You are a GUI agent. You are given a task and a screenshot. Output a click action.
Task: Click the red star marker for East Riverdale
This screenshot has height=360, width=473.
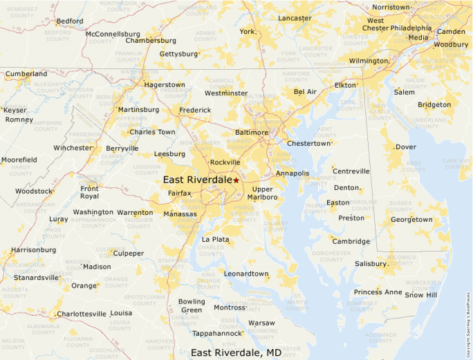point(236,180)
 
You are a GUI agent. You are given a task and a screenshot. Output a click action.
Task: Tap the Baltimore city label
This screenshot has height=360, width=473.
point(251,132)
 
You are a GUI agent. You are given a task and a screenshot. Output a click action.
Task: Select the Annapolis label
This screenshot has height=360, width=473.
point(292,173)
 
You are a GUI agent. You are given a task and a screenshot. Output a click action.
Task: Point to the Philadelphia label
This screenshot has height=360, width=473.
point(410,28)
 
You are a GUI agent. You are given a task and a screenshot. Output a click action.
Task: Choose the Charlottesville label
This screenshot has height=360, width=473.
point(82,314)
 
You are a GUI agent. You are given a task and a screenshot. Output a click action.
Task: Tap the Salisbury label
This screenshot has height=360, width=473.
point(371,264)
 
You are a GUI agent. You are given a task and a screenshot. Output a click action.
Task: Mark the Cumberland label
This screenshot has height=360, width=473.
point(27,74)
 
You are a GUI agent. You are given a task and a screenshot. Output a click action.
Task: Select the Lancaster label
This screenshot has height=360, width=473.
point(295,18)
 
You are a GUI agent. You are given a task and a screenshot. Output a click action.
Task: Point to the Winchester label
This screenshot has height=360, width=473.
point(73,148)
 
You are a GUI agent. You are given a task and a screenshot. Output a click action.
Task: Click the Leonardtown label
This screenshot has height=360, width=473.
point(245,274)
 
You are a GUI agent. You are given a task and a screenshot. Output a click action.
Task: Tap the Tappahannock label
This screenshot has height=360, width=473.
point(217,333)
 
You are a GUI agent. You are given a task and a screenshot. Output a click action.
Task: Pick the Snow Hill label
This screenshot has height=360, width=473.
point(421,295)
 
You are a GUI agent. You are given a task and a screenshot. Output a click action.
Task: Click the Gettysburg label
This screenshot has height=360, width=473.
point(178,53)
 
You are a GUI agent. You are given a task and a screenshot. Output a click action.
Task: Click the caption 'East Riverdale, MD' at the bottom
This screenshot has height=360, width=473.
point(236,352)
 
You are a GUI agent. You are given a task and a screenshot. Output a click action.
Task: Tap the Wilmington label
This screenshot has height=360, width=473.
point(368,61)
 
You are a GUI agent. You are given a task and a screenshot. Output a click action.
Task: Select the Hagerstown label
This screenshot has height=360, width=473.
point(164,85)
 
